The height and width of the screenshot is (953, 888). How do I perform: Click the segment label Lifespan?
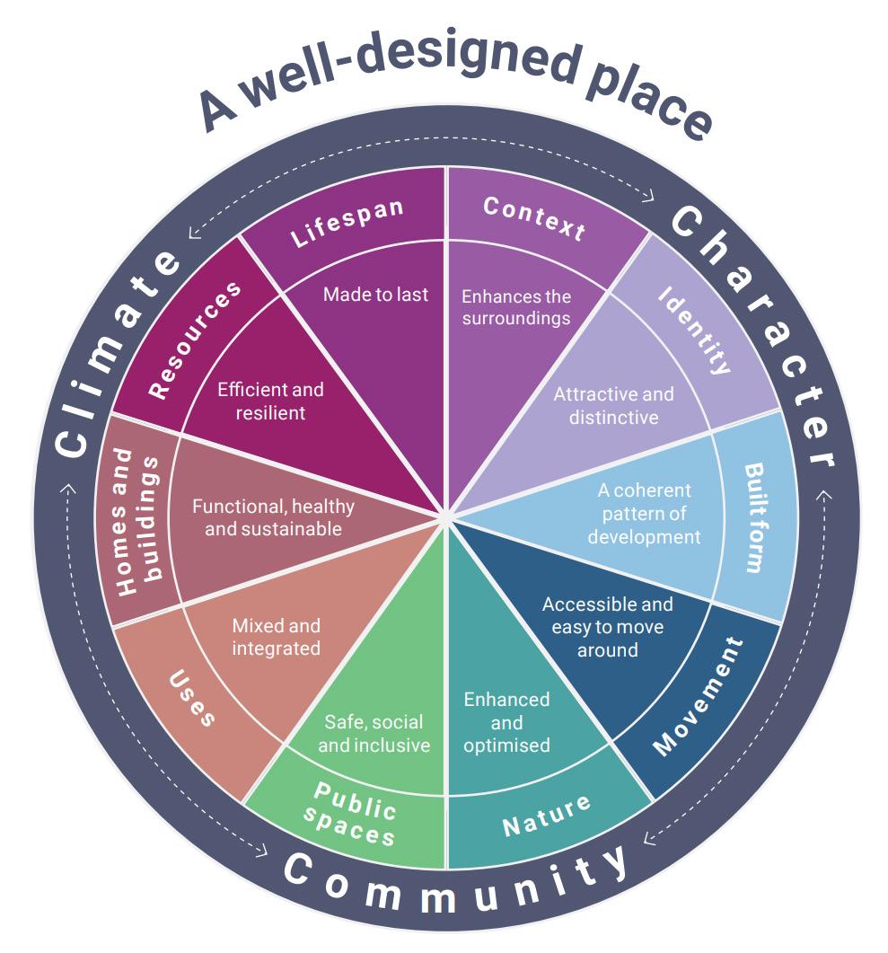(x=347, y=224)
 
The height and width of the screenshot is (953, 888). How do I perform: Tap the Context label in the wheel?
(x=534, y=217)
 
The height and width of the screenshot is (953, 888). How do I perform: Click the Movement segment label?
(x=698, y=695)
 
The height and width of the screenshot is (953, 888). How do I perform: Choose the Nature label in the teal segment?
(x=546, y=814)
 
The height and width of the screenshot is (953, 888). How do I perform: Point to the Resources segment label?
(x=195, y=340)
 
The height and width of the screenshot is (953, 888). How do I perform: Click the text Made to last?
(x=375, y=295)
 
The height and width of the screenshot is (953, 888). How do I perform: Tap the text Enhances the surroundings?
(x=516, y=307)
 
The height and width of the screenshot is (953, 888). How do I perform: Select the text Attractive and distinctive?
(x=613, y=405)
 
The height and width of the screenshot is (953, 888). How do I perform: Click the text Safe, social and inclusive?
(x=374, y=734)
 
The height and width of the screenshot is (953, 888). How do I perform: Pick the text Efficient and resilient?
(x=270, y=401)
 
